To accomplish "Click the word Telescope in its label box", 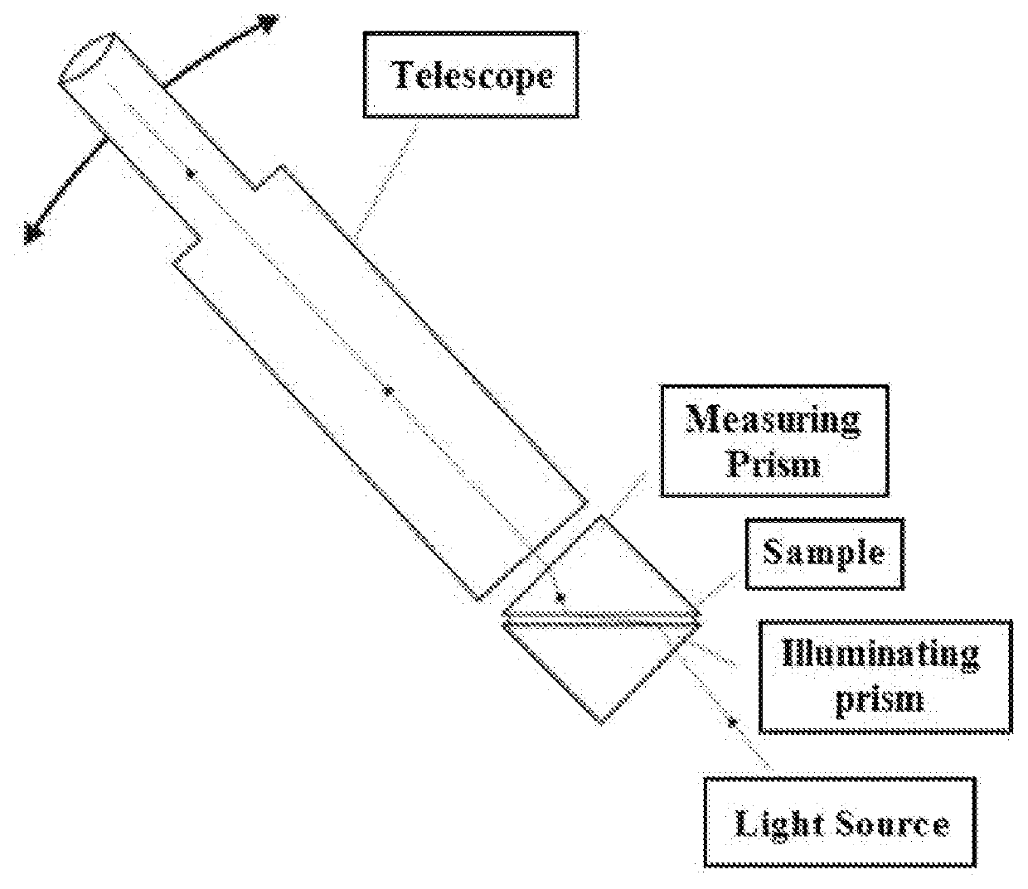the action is (x=472, y=75).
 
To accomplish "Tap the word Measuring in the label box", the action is (x=773, y=420).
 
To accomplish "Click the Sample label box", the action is (x=824, y=553).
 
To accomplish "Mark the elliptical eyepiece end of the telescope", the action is (x=87, y=58).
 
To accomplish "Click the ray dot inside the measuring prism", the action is (x=560, y=597).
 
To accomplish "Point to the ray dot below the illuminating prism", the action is (x=731, y=722).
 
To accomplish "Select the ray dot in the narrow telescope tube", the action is (x=190, y=173).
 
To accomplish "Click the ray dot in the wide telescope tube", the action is (x=389, y=390).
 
